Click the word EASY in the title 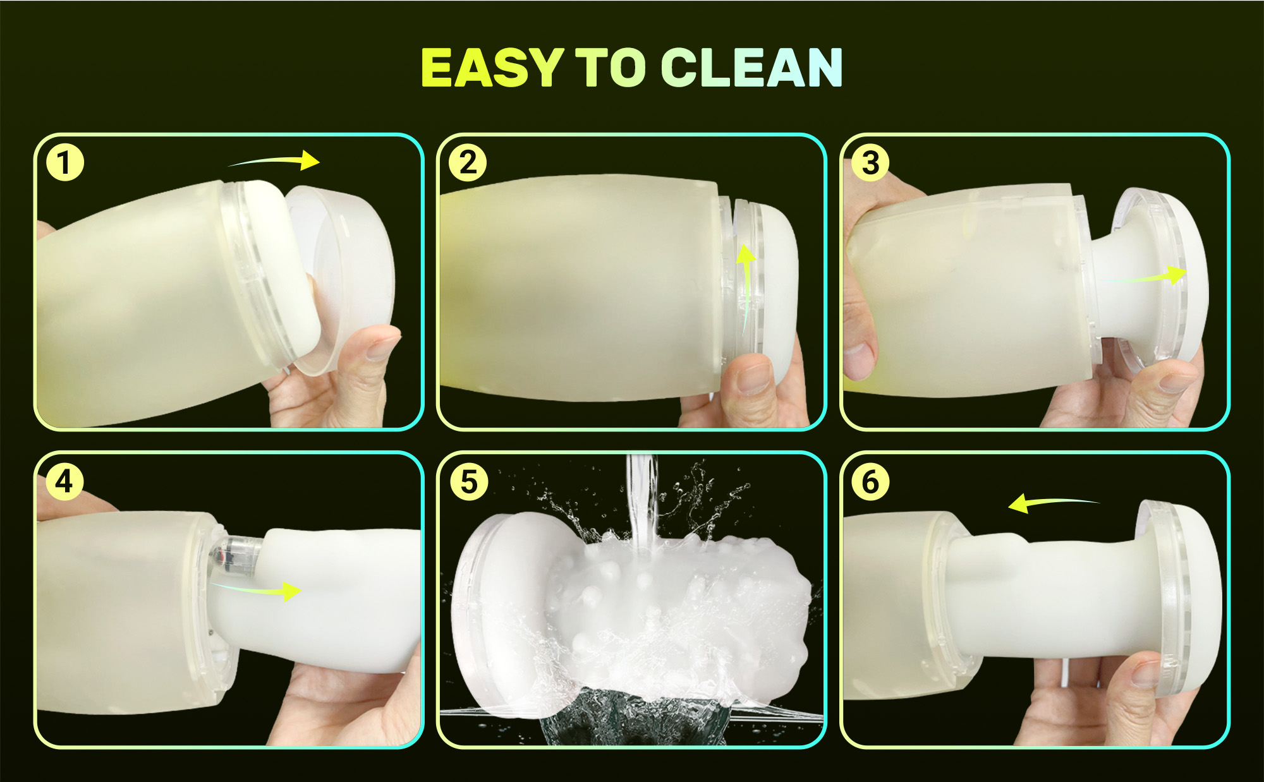(x=492, y=68)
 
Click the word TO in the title (x=611, y=68)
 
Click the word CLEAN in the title (x=751, y=68)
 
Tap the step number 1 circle (x=65, y=163)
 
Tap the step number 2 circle (x=468, y=163)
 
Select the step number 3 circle (x=870, y=163)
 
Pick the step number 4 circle (x=65, y=482)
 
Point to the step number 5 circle (x=468, y=482)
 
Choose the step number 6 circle (x=870, y=482)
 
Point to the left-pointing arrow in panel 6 (x=1052, y=503)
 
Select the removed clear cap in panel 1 (x=341, y=278)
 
